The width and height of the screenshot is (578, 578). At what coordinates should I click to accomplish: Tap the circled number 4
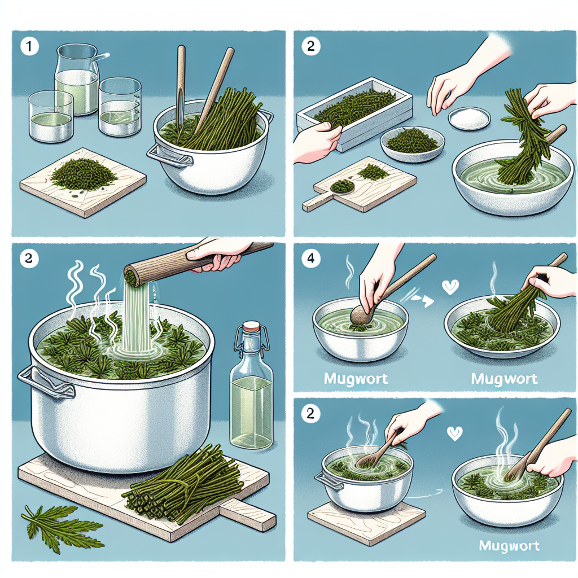click(x=311, y=259)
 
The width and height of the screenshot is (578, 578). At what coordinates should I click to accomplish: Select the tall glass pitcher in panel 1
click(x=77, y=79)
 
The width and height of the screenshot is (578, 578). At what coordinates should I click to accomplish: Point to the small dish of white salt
click(x=470, y=118)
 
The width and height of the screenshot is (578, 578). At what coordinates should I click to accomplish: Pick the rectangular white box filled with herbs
click(x=355, y=112)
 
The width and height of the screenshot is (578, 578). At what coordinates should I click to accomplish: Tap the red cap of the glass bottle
click(x=251, y=326)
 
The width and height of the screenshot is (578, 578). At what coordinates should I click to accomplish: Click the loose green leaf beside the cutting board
click(x=58, y=526)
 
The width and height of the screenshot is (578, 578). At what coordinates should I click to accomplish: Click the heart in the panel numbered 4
click(x=450, y=287)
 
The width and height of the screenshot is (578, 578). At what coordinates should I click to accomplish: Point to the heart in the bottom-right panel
click(x=454, y=433)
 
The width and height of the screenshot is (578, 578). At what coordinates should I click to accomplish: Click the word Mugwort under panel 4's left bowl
click(x=356, y=379)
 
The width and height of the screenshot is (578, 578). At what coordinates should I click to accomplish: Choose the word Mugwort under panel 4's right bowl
click(x=504, y=379)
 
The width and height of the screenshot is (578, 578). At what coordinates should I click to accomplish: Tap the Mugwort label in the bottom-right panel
click(x=509, y=546)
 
